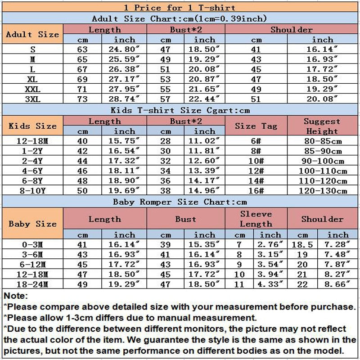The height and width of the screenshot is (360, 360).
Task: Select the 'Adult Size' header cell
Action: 32,34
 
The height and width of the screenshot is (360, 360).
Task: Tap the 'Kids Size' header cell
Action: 32,126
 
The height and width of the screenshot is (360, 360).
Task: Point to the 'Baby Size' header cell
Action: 32,224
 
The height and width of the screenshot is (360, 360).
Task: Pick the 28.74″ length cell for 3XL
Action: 124,99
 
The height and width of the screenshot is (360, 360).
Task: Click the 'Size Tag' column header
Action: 256,126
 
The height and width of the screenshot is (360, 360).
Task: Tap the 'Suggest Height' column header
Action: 322,126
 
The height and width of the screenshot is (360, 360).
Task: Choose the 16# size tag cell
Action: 256,190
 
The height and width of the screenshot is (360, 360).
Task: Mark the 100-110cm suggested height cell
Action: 322,171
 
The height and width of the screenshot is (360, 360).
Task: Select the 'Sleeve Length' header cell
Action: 256,219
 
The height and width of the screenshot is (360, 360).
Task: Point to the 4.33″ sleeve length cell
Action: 270,284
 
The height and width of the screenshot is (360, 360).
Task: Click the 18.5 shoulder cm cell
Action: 302,245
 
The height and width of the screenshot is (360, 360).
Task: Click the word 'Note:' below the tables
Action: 15,296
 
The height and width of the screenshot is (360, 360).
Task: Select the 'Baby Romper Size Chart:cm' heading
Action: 180,202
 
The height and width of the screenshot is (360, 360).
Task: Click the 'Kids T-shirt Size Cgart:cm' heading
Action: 180,110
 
